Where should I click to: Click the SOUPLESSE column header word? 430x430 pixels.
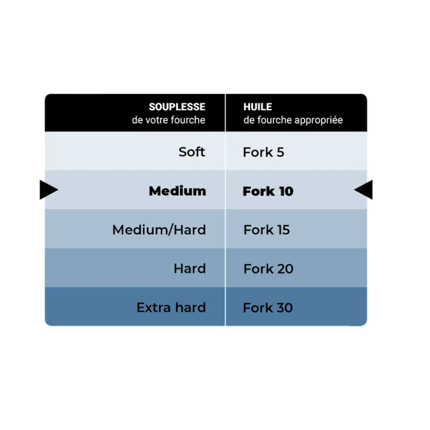point(177,106)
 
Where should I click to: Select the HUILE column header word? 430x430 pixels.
point(257,106)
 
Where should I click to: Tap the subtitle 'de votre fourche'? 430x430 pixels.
point(168,120)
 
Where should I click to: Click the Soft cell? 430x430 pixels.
point(192,152)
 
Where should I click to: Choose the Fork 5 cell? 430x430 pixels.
point(263,152)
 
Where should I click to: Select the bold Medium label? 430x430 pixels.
point(177,191)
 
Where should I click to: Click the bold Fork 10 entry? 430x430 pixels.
point(268,191)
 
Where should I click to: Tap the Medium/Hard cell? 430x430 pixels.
point(159,230)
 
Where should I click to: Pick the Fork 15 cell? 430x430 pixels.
point(266,230)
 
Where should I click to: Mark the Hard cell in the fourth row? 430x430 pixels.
point(190,268)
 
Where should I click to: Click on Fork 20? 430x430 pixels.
point(268,269)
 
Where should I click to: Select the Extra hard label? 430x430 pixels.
point(171,307)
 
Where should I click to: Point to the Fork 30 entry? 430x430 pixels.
point(268,307)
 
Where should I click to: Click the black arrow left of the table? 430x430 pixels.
point(49,190)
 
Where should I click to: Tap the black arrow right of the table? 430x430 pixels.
point(363,190)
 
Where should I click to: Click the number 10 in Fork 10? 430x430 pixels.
point(286,191)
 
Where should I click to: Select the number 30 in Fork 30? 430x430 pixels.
point(284,307)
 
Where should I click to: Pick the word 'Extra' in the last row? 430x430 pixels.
point(154,307)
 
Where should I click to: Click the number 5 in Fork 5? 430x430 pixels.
point(280,152)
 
